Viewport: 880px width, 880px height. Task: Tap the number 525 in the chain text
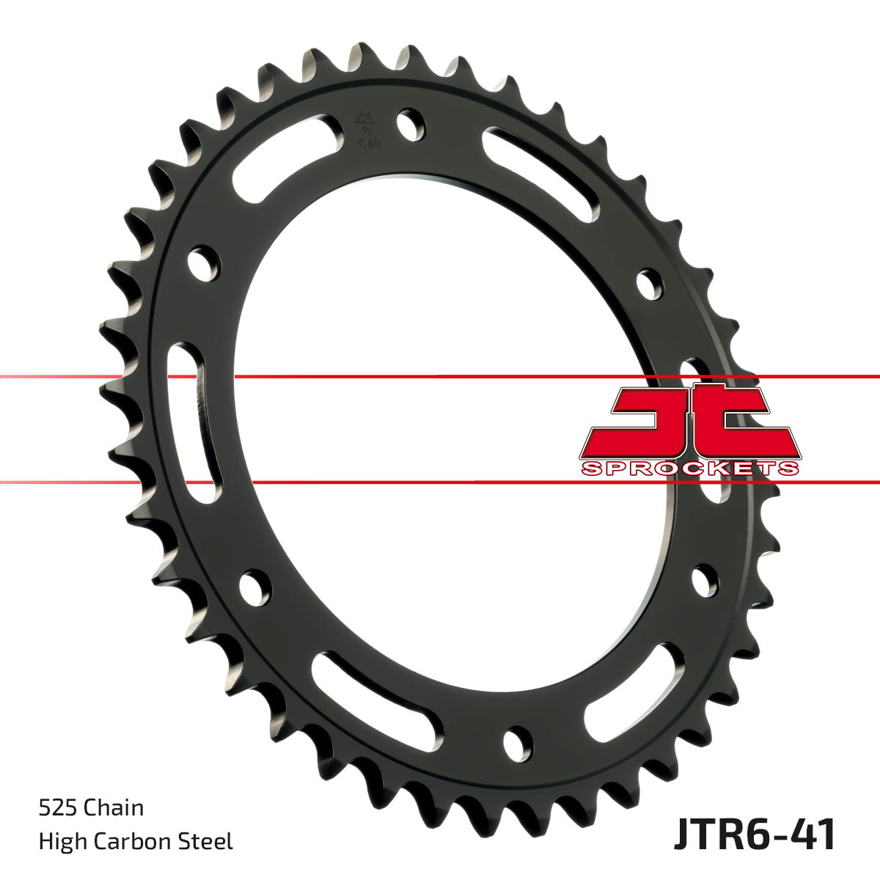tap(58, 808)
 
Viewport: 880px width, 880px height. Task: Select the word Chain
tap(114, 808)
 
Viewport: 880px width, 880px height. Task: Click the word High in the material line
tap(61, 841)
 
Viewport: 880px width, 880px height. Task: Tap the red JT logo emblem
tap(689, 422)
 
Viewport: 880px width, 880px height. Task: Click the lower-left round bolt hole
tap(254, 587)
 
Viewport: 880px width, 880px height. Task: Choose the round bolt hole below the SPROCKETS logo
tap(704, 581)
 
